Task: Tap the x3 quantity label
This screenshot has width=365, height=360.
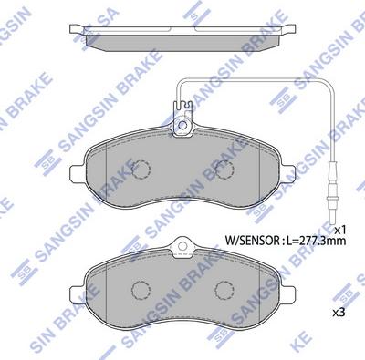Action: coord(338,312)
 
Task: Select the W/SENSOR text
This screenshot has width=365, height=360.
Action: coord(250,241)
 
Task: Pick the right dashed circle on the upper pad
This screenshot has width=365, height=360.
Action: coord(223,170)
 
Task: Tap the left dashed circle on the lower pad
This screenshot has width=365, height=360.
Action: coord(139,289)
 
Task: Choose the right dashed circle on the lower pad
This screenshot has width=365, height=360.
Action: coord(223,289)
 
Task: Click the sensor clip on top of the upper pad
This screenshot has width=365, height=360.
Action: coord(182,119)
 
